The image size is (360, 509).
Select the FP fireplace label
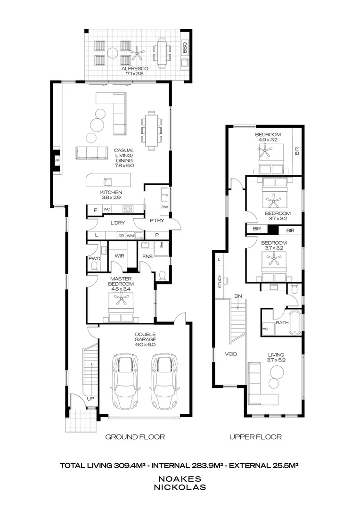[x=57, y=160]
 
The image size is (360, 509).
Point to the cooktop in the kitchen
[x=128, y=209]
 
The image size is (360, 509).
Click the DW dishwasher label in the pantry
[x=164, y=207]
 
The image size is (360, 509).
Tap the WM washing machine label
[x=130, y=236]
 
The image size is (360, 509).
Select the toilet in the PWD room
[x=94, y=266]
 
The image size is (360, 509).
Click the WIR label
[x=120, y=256]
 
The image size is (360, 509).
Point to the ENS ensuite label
[x=147, y=256]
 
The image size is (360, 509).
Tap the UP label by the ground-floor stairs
[x=90, y=399]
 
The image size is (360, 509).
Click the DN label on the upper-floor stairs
[x=238, y=296]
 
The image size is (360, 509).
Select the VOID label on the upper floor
[x=231, y=354]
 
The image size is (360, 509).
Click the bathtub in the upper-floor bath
[x=295, y=323]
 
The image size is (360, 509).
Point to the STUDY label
[x=220, y=281]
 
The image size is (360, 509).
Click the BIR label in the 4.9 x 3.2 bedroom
[x=297, y=151]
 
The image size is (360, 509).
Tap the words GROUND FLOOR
[x=135, y=437]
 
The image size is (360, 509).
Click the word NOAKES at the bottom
[x=180, y=479]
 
